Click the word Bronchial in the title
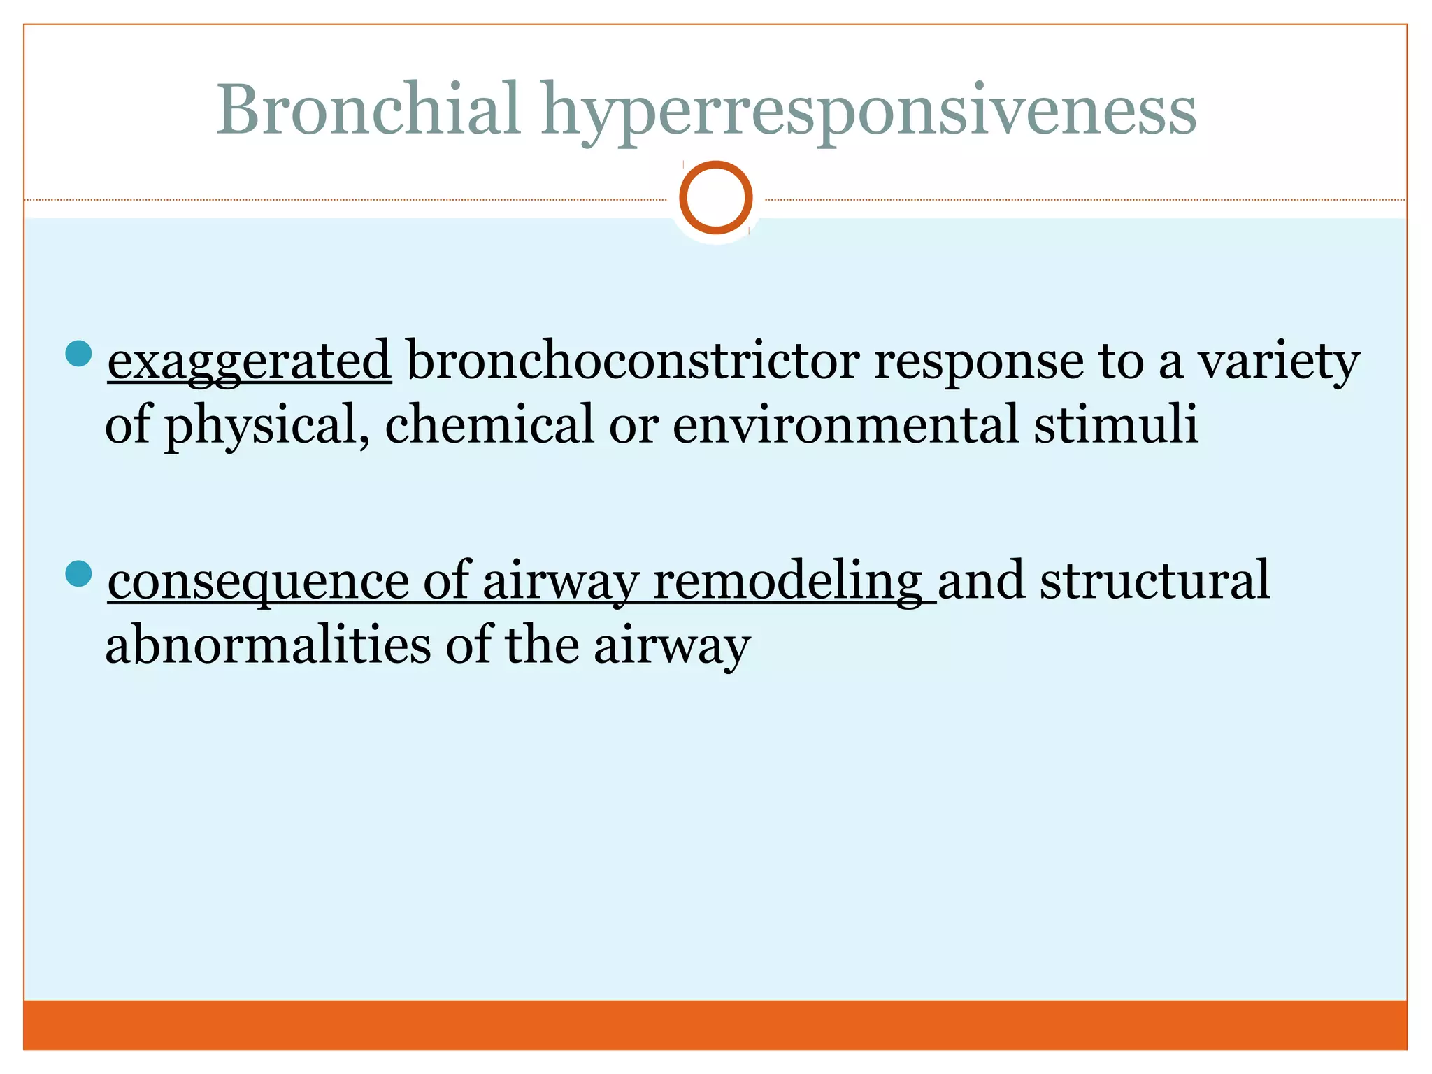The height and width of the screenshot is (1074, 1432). point(368,110)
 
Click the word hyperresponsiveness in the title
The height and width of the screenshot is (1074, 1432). point(869,112)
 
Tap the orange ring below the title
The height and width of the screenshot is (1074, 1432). point(715,198)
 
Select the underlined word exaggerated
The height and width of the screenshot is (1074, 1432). point(249,361)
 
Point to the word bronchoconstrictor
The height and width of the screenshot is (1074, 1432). point(633,360)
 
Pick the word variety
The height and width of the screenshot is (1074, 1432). point(1279,361)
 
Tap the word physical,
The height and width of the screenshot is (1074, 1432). point(266,426)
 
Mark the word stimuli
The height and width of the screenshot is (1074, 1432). point(1116,424)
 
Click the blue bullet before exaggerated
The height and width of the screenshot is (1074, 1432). point(78,354)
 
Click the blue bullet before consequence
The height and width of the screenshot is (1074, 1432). point(78,573)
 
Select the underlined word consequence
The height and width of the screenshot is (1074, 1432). point(258,582)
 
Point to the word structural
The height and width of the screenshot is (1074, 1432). point(1154,580)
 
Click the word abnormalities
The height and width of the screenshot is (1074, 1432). point(268,645)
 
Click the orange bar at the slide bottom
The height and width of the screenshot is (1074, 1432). point(715,1024)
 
